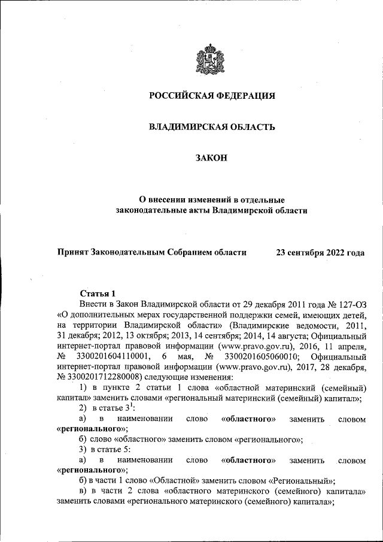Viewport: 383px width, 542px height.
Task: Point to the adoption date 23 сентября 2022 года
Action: (320, 253)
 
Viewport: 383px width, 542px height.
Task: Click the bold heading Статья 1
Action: (98, 293)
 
